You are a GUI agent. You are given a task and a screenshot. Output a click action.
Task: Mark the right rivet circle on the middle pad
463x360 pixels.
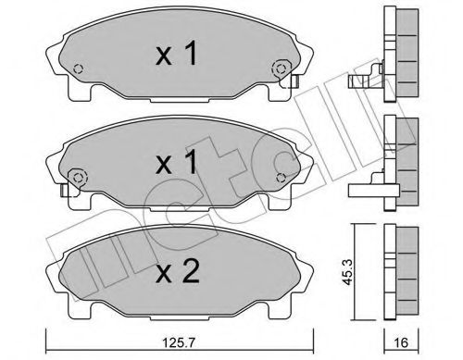(x=281, y=175)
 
